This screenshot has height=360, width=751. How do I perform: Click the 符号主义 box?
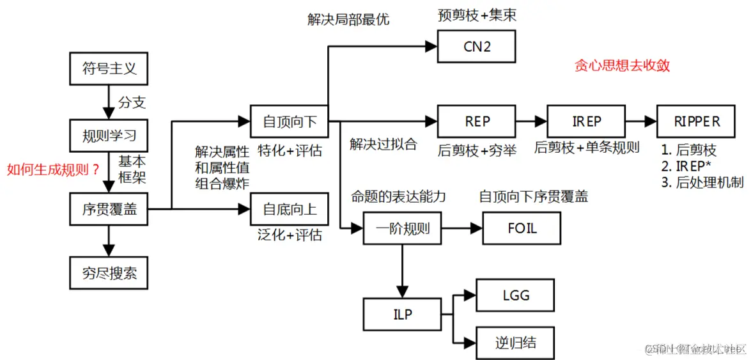[x=109, y=69]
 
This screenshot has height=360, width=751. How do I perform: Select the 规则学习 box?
[x=109, y=136]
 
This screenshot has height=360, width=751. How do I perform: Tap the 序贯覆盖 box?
[x=109, y=208]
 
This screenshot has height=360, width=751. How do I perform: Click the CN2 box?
[x=476, y=46]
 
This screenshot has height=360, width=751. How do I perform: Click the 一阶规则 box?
[x=402, y=228]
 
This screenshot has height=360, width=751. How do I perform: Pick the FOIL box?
[x=522, y=228]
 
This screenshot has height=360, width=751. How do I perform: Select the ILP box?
[x=402, y=315]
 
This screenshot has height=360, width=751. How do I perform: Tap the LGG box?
[x=515, y=296]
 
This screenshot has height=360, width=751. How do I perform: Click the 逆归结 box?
[x=515, y=342]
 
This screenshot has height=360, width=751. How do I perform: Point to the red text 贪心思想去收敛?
[x=622, y=66]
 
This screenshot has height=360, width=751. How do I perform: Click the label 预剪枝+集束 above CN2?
[x=477, y=15]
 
